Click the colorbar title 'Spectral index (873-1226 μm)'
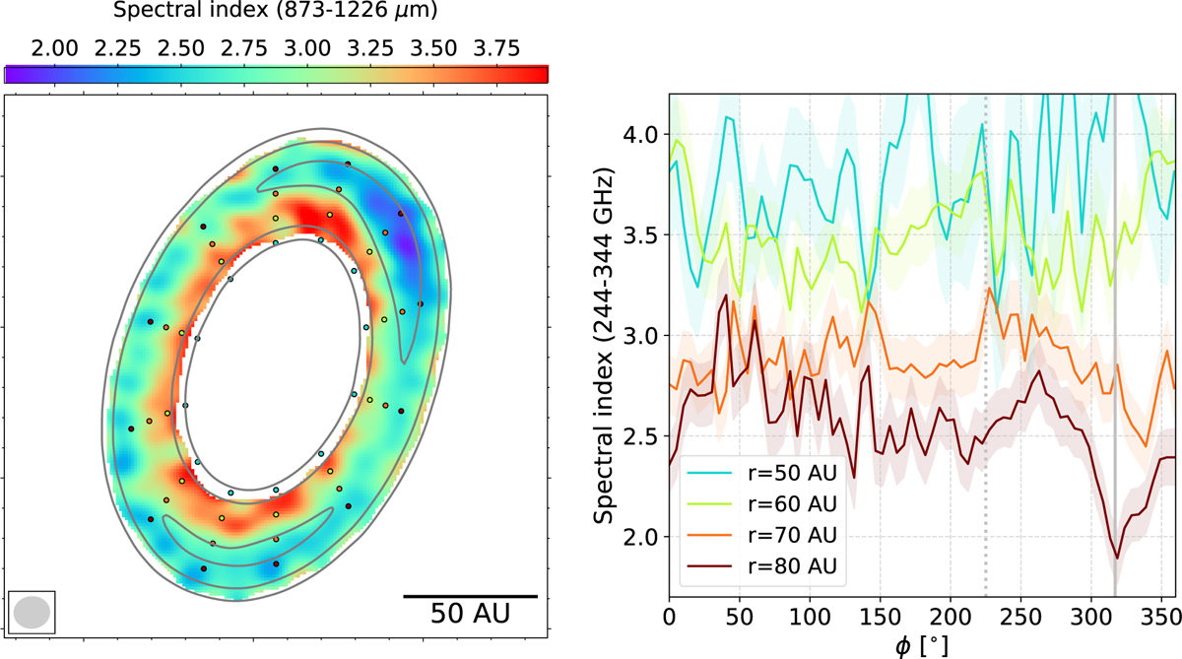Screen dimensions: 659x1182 (275, 14)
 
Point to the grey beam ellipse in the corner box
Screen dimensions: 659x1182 (31, 612)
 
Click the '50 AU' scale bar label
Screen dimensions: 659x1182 (470, 613)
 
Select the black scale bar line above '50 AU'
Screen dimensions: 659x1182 (470, 596)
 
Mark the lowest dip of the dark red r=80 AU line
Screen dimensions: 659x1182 (1116, 559)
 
